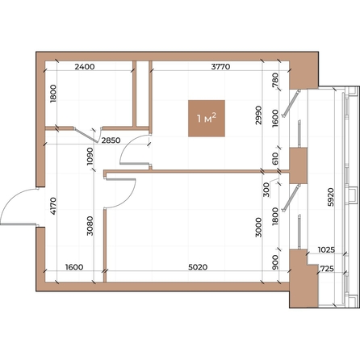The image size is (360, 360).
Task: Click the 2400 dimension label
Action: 85,66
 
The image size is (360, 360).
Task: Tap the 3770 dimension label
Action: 220,66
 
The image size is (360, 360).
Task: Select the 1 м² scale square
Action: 207,119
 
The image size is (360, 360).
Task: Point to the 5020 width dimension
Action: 198,267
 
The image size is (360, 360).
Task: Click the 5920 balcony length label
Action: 331,197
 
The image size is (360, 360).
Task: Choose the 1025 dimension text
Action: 326,250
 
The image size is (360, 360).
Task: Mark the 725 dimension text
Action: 327,269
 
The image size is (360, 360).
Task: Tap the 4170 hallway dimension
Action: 53,206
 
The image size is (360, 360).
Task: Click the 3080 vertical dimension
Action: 90,226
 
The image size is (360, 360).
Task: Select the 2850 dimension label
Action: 111,140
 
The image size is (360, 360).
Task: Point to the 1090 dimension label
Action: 90,156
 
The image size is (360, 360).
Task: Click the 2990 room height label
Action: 258,115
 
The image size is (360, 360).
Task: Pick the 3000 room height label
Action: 258,228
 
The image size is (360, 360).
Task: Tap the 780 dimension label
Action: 275,80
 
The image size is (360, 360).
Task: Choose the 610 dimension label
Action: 275,159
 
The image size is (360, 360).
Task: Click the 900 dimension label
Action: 275,262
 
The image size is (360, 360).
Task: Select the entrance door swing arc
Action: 14,196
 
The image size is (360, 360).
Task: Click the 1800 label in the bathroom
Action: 53,94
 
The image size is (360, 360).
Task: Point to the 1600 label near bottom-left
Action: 74,267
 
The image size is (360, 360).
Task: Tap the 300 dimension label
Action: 266,190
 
